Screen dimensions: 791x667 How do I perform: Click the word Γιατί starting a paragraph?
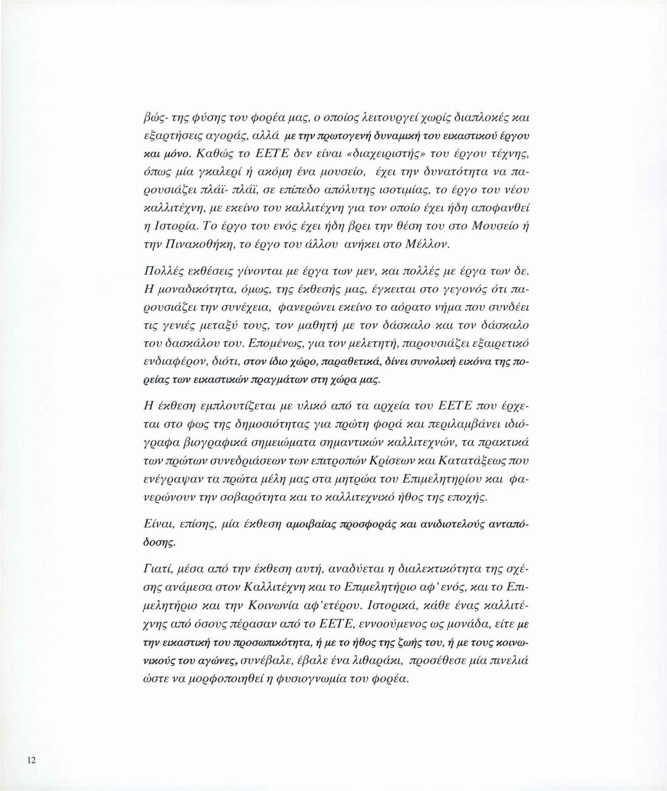[x=157, y=569]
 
